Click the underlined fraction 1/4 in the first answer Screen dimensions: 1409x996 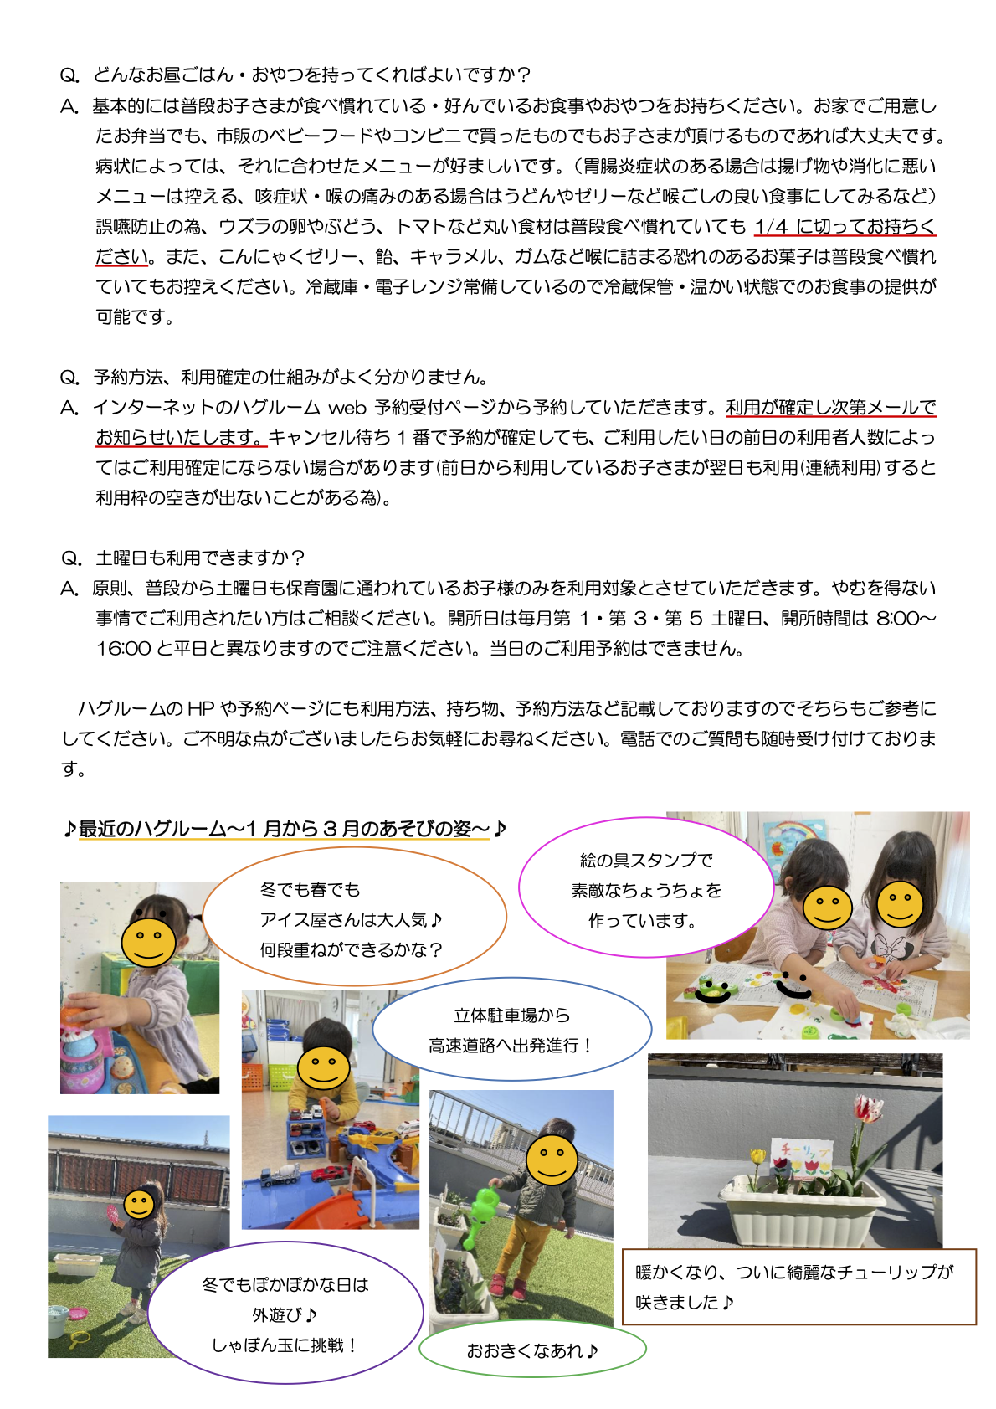click(x=771, y=227)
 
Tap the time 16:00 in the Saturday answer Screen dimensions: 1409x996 click(x=123, y=649)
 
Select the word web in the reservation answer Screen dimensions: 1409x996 click(x=347, y=408)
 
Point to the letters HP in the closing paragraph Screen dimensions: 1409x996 click(x=201, y=709)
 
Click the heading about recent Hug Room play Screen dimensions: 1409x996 click(x=285, y=829)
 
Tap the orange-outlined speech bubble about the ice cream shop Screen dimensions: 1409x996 click(x=354, y=918)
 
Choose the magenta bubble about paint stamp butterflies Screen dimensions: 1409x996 click(x=645, y=890)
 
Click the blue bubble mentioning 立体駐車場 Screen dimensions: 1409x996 click(x=511, y=1031)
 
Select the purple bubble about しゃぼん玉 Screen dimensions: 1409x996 click(x=285, y=1314)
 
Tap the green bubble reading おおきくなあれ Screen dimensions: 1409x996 click(x=532, y=1350)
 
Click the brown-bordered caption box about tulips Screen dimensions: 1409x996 click(x=798, y=1287)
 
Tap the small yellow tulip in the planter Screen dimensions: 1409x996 click(x=757, y=1157)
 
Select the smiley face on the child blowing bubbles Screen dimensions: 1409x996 click(x=139, y=1205)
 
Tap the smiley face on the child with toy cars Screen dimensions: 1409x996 click(x=324, y=1067)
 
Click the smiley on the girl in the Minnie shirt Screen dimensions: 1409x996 click(x=900, y=904)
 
